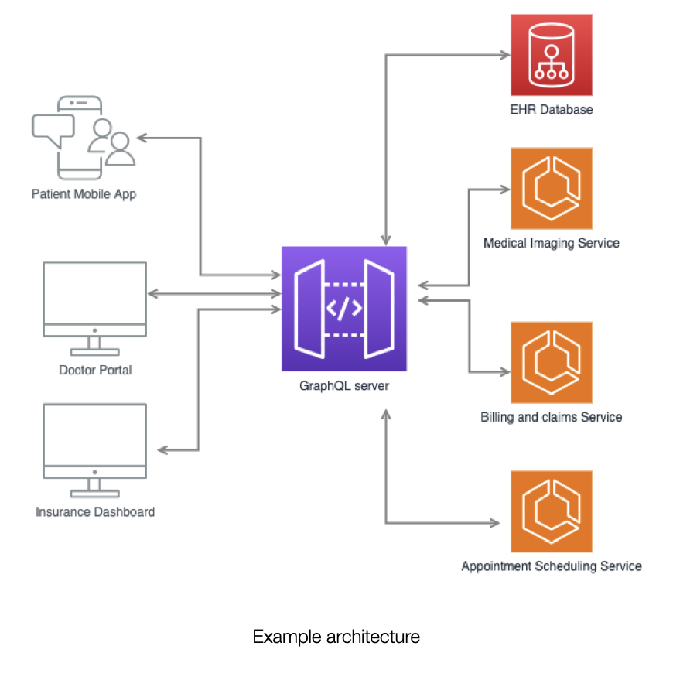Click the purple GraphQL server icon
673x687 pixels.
[x=343, y=309]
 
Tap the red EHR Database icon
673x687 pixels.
[x=551, y=55]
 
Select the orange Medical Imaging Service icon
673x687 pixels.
[x=551, y=188]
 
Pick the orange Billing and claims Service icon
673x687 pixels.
[x=551, y=362]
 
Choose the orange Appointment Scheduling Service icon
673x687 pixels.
[x=551, y=511]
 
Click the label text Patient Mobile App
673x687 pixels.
[x=84, y=193]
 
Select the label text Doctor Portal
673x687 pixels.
[x=95, y=370]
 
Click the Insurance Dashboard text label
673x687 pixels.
[x=95, y=511]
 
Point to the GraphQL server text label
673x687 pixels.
[x=344, y=385]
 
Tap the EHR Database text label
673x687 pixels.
[x=551, y=109]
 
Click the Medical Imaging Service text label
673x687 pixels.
[x=551, y=243]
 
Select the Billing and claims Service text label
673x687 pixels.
[x=551, y=417]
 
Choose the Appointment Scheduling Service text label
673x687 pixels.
[x=551, y=566]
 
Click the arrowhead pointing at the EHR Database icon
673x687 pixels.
[x=504, y=55]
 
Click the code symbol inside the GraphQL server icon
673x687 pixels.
[x=343, y=309]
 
